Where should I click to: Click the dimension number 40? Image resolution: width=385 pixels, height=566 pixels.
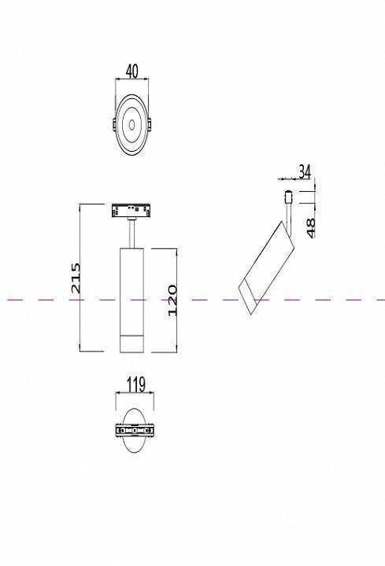coord(131,72)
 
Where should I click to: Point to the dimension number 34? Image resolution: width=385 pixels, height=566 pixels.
coord(305,171)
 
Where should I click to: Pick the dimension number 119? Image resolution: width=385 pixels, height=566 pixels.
coord(135,385)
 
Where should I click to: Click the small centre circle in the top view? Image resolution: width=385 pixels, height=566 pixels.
coord(131,123)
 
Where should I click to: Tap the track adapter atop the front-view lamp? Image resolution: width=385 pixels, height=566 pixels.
coord(131,211)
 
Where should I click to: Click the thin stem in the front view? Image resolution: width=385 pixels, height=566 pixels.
coord(131,233)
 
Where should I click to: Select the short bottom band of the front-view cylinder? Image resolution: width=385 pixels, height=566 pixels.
coord(131,343)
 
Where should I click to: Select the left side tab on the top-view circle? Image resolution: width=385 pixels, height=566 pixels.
coord(114,124)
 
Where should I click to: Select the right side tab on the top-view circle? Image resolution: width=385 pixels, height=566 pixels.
coord(150,124)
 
